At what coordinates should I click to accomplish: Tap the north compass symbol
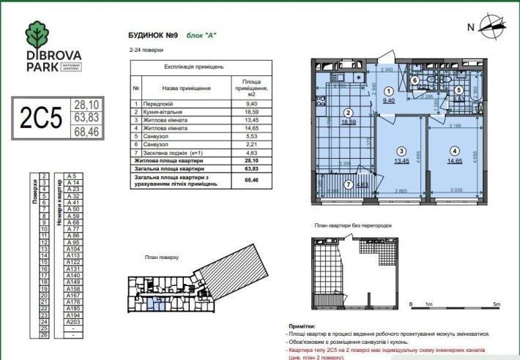click(494, 29)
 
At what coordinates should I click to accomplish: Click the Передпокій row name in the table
click(157, 104)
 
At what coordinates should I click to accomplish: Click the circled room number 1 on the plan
click(388, 92)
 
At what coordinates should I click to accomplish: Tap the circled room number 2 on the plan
click(349, 113)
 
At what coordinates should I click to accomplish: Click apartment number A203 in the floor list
click(73, 321)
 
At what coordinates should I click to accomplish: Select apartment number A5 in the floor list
click(72, 176)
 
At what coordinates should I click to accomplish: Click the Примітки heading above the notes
click(303, 325)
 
